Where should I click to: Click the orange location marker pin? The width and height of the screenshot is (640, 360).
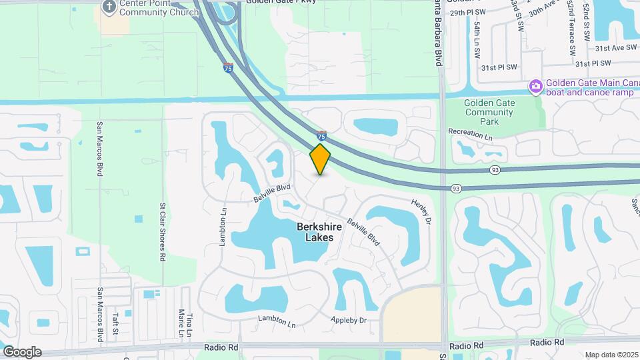click(321, 159)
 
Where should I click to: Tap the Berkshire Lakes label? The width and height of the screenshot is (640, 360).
click(315, 232)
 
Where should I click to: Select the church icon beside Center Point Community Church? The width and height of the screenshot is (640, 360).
click(109, 6)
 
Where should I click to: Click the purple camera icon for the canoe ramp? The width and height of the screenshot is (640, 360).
click(535, 87)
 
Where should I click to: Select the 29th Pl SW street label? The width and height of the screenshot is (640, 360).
click(467, 13)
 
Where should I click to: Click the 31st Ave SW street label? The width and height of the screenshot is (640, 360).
click(613, 49)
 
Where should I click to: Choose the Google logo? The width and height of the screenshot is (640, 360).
click(22, 352)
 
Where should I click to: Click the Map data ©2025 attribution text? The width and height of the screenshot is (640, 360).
click(611, 355)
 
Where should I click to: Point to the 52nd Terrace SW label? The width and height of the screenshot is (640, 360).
click(572, 29)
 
